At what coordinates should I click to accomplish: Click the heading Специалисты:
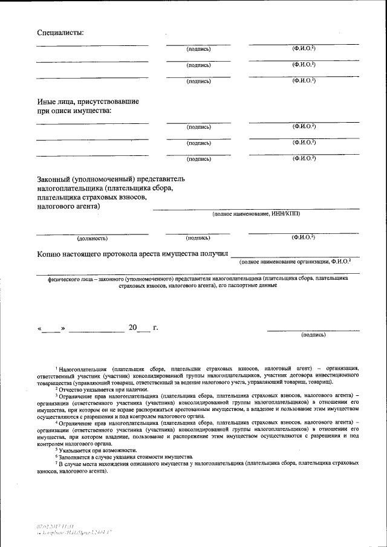pos(60,31)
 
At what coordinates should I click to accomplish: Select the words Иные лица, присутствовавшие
pos(88,102)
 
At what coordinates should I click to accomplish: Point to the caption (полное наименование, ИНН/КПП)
pos(255,214)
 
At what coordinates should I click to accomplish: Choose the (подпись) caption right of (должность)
pos(198,238)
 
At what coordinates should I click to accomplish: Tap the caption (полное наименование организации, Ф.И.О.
pos(294,262)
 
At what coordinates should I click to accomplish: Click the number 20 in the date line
pos(133,328)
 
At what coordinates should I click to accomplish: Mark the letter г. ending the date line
pos(155,328)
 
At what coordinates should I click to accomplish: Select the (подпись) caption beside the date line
pos(313,334)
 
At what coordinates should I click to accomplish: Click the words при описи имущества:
pos(74,111)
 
